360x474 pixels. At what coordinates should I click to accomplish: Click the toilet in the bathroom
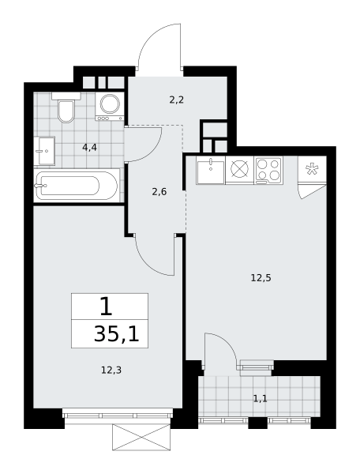click(66, 107)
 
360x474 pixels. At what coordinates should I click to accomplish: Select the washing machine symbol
click(110, 107)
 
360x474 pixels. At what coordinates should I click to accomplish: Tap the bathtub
click(77, 186)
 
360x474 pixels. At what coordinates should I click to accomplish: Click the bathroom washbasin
click(44, 151)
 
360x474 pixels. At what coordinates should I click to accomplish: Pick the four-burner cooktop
click(268, 170)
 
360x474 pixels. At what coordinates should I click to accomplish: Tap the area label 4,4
click(90, 148)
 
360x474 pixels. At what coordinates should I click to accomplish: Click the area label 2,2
click(177, 100)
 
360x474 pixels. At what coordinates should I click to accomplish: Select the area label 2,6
click(159, 192)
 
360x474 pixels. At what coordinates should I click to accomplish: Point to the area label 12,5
click(261, 277)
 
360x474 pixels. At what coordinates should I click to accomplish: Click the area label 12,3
click(111, 370)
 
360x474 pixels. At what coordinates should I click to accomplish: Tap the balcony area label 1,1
click(260, 399)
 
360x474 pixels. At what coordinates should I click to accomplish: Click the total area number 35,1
click(117, 334)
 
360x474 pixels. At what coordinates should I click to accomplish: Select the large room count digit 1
click(106, 306)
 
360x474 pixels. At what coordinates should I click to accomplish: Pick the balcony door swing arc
click(227, 341)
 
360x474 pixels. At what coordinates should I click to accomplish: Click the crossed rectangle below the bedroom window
click(141, 437)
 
